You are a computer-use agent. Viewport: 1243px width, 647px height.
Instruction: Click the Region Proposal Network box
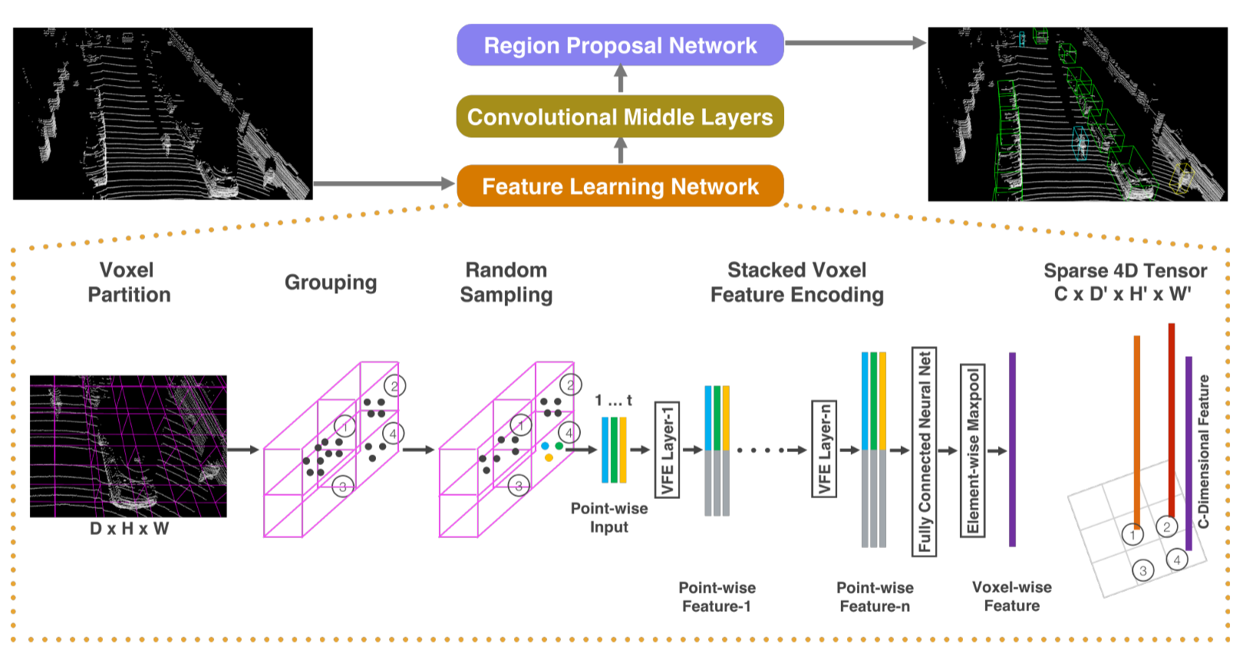point(620,45)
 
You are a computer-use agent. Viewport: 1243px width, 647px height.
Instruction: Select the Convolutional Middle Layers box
point(620,117)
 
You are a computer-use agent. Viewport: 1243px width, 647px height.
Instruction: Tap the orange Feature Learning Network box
point(620,187)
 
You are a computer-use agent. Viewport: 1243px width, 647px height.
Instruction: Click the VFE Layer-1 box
point(667,450)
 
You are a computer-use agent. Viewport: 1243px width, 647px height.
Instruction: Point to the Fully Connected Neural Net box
point(924,451)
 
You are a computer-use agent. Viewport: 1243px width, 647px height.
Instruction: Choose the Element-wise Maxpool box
point(973,451)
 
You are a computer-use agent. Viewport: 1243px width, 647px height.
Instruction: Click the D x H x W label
point(129,529)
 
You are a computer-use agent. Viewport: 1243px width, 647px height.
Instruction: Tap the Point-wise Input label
point(609,518)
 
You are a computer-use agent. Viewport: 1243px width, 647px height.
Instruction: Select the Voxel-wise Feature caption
point(1011,596)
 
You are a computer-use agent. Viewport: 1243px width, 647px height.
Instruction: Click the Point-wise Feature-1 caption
point(717,597)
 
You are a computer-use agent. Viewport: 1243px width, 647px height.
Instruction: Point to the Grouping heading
point(331,282)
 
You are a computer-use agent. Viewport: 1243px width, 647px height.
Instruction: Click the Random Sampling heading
point(506,282)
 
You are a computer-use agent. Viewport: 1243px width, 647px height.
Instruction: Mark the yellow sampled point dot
point(549,458)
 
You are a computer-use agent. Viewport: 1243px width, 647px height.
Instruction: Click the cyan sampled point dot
point(545,446)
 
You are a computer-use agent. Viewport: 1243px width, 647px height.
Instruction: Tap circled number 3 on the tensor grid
point(1142,570)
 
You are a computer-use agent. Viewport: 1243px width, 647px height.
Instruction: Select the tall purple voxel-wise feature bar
point(1012,450)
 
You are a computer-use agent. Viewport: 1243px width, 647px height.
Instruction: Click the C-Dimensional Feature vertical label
point(1203,451)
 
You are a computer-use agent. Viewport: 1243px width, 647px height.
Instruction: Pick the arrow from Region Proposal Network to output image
point(855,43)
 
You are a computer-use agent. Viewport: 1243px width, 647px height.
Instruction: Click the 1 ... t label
point(613,401)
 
